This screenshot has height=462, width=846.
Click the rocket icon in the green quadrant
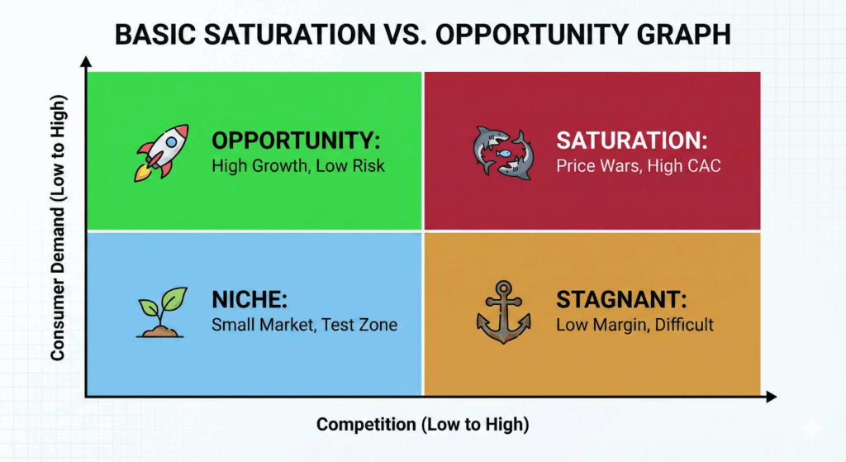[162, 151]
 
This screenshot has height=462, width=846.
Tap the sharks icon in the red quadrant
[502, 151]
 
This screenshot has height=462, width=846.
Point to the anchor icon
[503, 312]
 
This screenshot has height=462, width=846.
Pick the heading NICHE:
[248, 298]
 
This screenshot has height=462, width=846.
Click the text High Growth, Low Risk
[298, 165]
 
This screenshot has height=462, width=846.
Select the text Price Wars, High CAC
[639, 165]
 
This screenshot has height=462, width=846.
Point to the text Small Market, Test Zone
[304, 325]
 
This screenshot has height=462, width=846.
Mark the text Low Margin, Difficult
[634, 325]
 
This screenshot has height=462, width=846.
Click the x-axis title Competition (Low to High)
[422, 425]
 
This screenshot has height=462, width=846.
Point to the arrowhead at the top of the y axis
[86, 63]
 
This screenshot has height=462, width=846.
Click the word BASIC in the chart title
[150, 36]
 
